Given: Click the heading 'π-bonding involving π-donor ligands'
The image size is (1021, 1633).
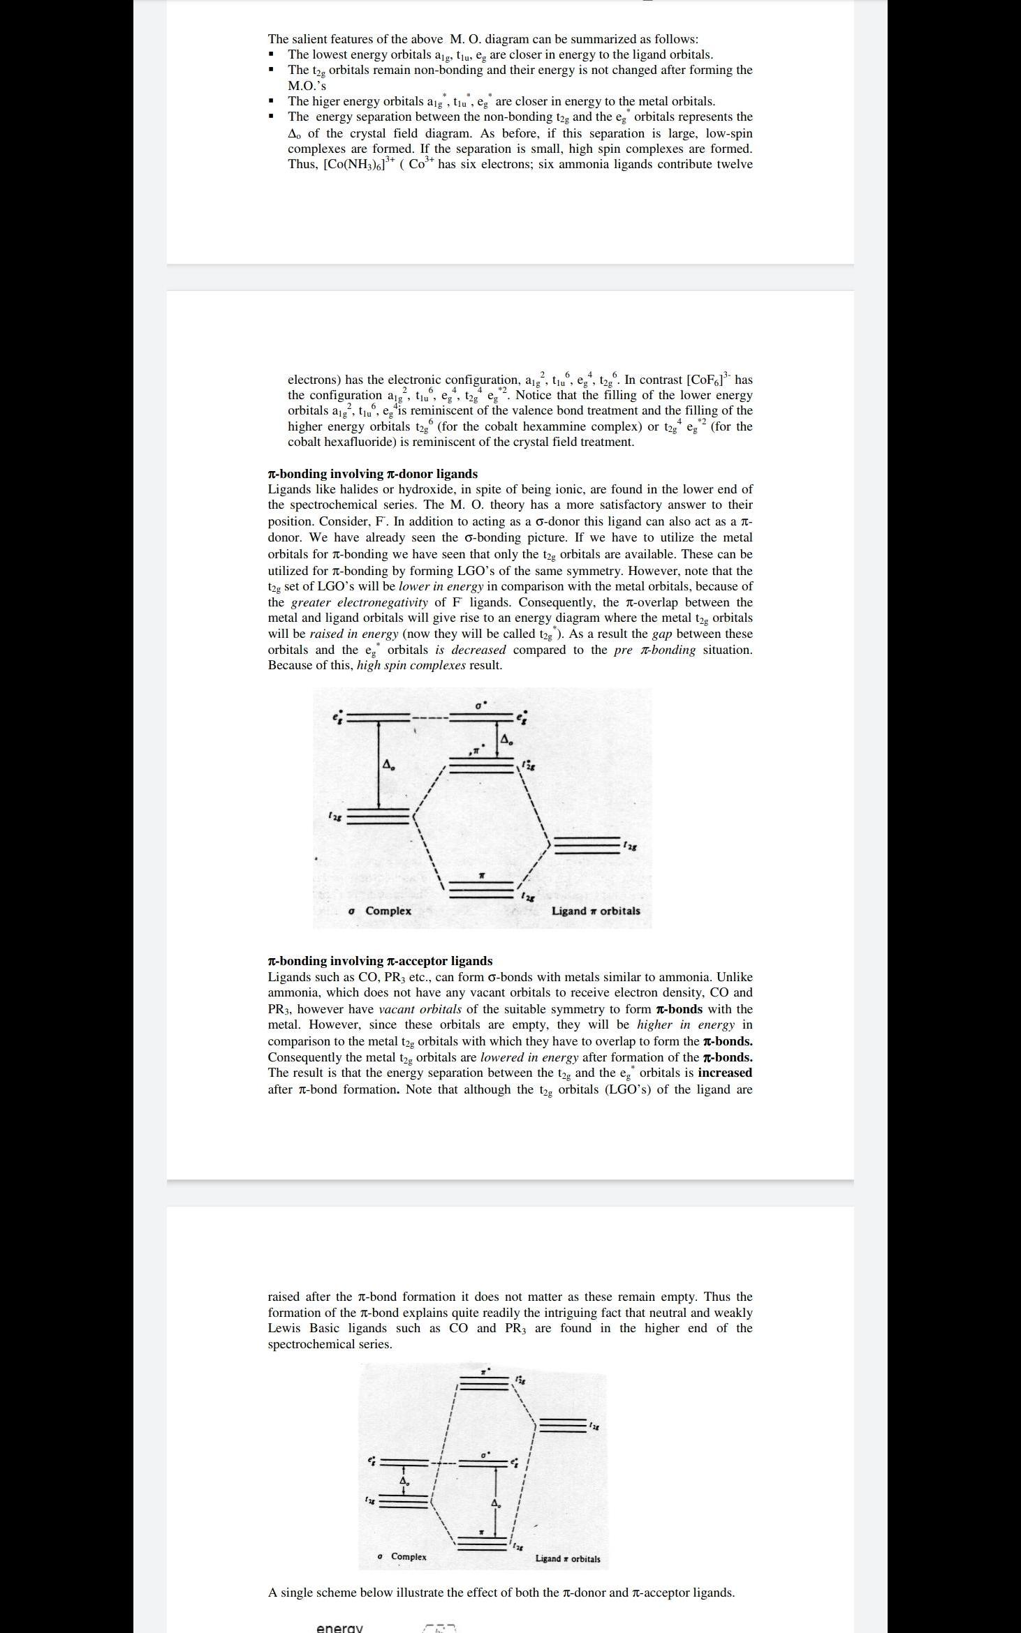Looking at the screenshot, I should coord(372,474).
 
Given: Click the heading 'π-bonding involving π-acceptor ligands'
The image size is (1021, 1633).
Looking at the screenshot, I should coord(380,961).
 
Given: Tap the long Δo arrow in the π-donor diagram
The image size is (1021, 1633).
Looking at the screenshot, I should coord(379,766).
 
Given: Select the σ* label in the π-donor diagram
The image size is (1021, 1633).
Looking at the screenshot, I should coord(480,706).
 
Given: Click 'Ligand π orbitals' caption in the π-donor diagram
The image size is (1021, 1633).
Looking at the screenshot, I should coord(595,911).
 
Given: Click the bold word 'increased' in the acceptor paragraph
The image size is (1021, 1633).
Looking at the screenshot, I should coord(724,1073).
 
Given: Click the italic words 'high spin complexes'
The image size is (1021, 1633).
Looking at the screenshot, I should coord(411,665).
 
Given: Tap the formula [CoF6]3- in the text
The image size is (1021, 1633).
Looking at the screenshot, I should coord(710,380).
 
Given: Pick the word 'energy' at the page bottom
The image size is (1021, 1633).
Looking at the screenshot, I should coord(339,1627).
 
